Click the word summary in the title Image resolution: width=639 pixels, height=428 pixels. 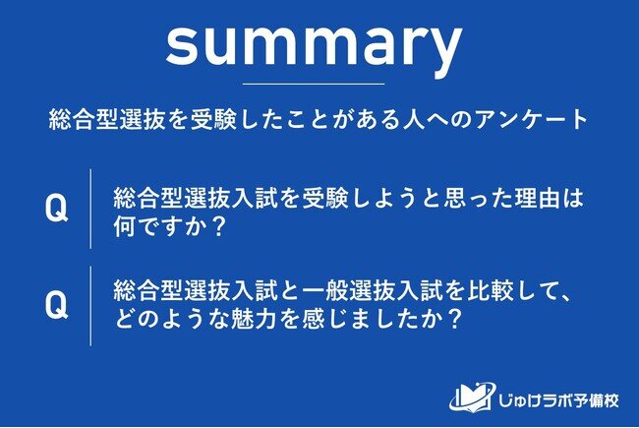click(x=314, y=47)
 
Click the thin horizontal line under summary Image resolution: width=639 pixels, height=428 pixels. click(x=314, y=84)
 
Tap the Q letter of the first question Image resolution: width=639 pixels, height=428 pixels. click(x=56, y=208)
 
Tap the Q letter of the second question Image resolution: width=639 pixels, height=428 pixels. click(x=56, y=305)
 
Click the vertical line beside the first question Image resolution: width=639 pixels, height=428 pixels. click(x=90, y=209)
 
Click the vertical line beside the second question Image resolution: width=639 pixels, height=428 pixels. click(x=90, y=306)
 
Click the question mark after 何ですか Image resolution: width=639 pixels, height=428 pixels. click(x=219, y=226)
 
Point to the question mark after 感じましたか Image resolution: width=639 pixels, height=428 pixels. click(x=453, y=319)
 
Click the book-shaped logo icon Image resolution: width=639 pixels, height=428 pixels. click(x=473, y=397)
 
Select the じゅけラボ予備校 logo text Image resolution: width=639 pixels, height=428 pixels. click(x=558, y=399)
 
